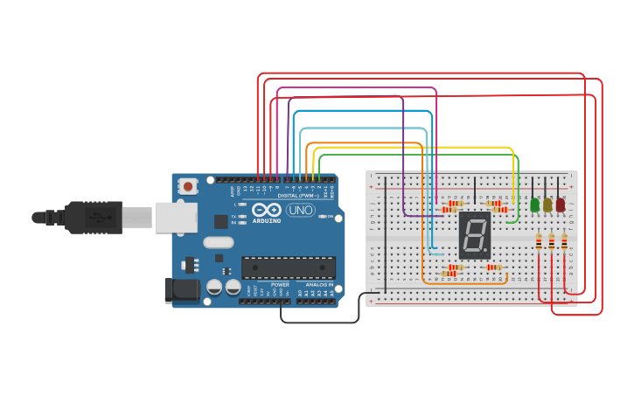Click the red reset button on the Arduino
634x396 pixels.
[x=188, y=186]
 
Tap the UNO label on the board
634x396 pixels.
[x=300, y=210]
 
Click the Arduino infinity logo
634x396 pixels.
[x=266, y=210]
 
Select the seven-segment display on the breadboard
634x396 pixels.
[x=474, y=234]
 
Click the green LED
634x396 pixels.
[x=534, y=205]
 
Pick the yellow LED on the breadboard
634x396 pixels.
[x=547, y=205]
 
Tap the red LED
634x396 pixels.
[x=561, y=205]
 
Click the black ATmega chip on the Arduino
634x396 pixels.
[x=289, y=267]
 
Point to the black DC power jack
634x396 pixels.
[x=179, y=289]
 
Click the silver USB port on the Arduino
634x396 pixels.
[x=175, y=217]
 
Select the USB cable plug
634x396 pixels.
[x=96, y=217]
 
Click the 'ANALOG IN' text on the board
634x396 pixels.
[x=318, y=285]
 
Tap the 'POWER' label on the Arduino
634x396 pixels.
[x=280, y=285]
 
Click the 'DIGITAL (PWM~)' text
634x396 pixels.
[x=297, y=195]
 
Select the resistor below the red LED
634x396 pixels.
[x=564, y=241]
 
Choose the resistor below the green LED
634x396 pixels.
[x=539, y=241]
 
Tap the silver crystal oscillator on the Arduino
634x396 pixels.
[x=219, y=242]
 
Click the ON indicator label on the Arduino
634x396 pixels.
[x=331, y=217]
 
